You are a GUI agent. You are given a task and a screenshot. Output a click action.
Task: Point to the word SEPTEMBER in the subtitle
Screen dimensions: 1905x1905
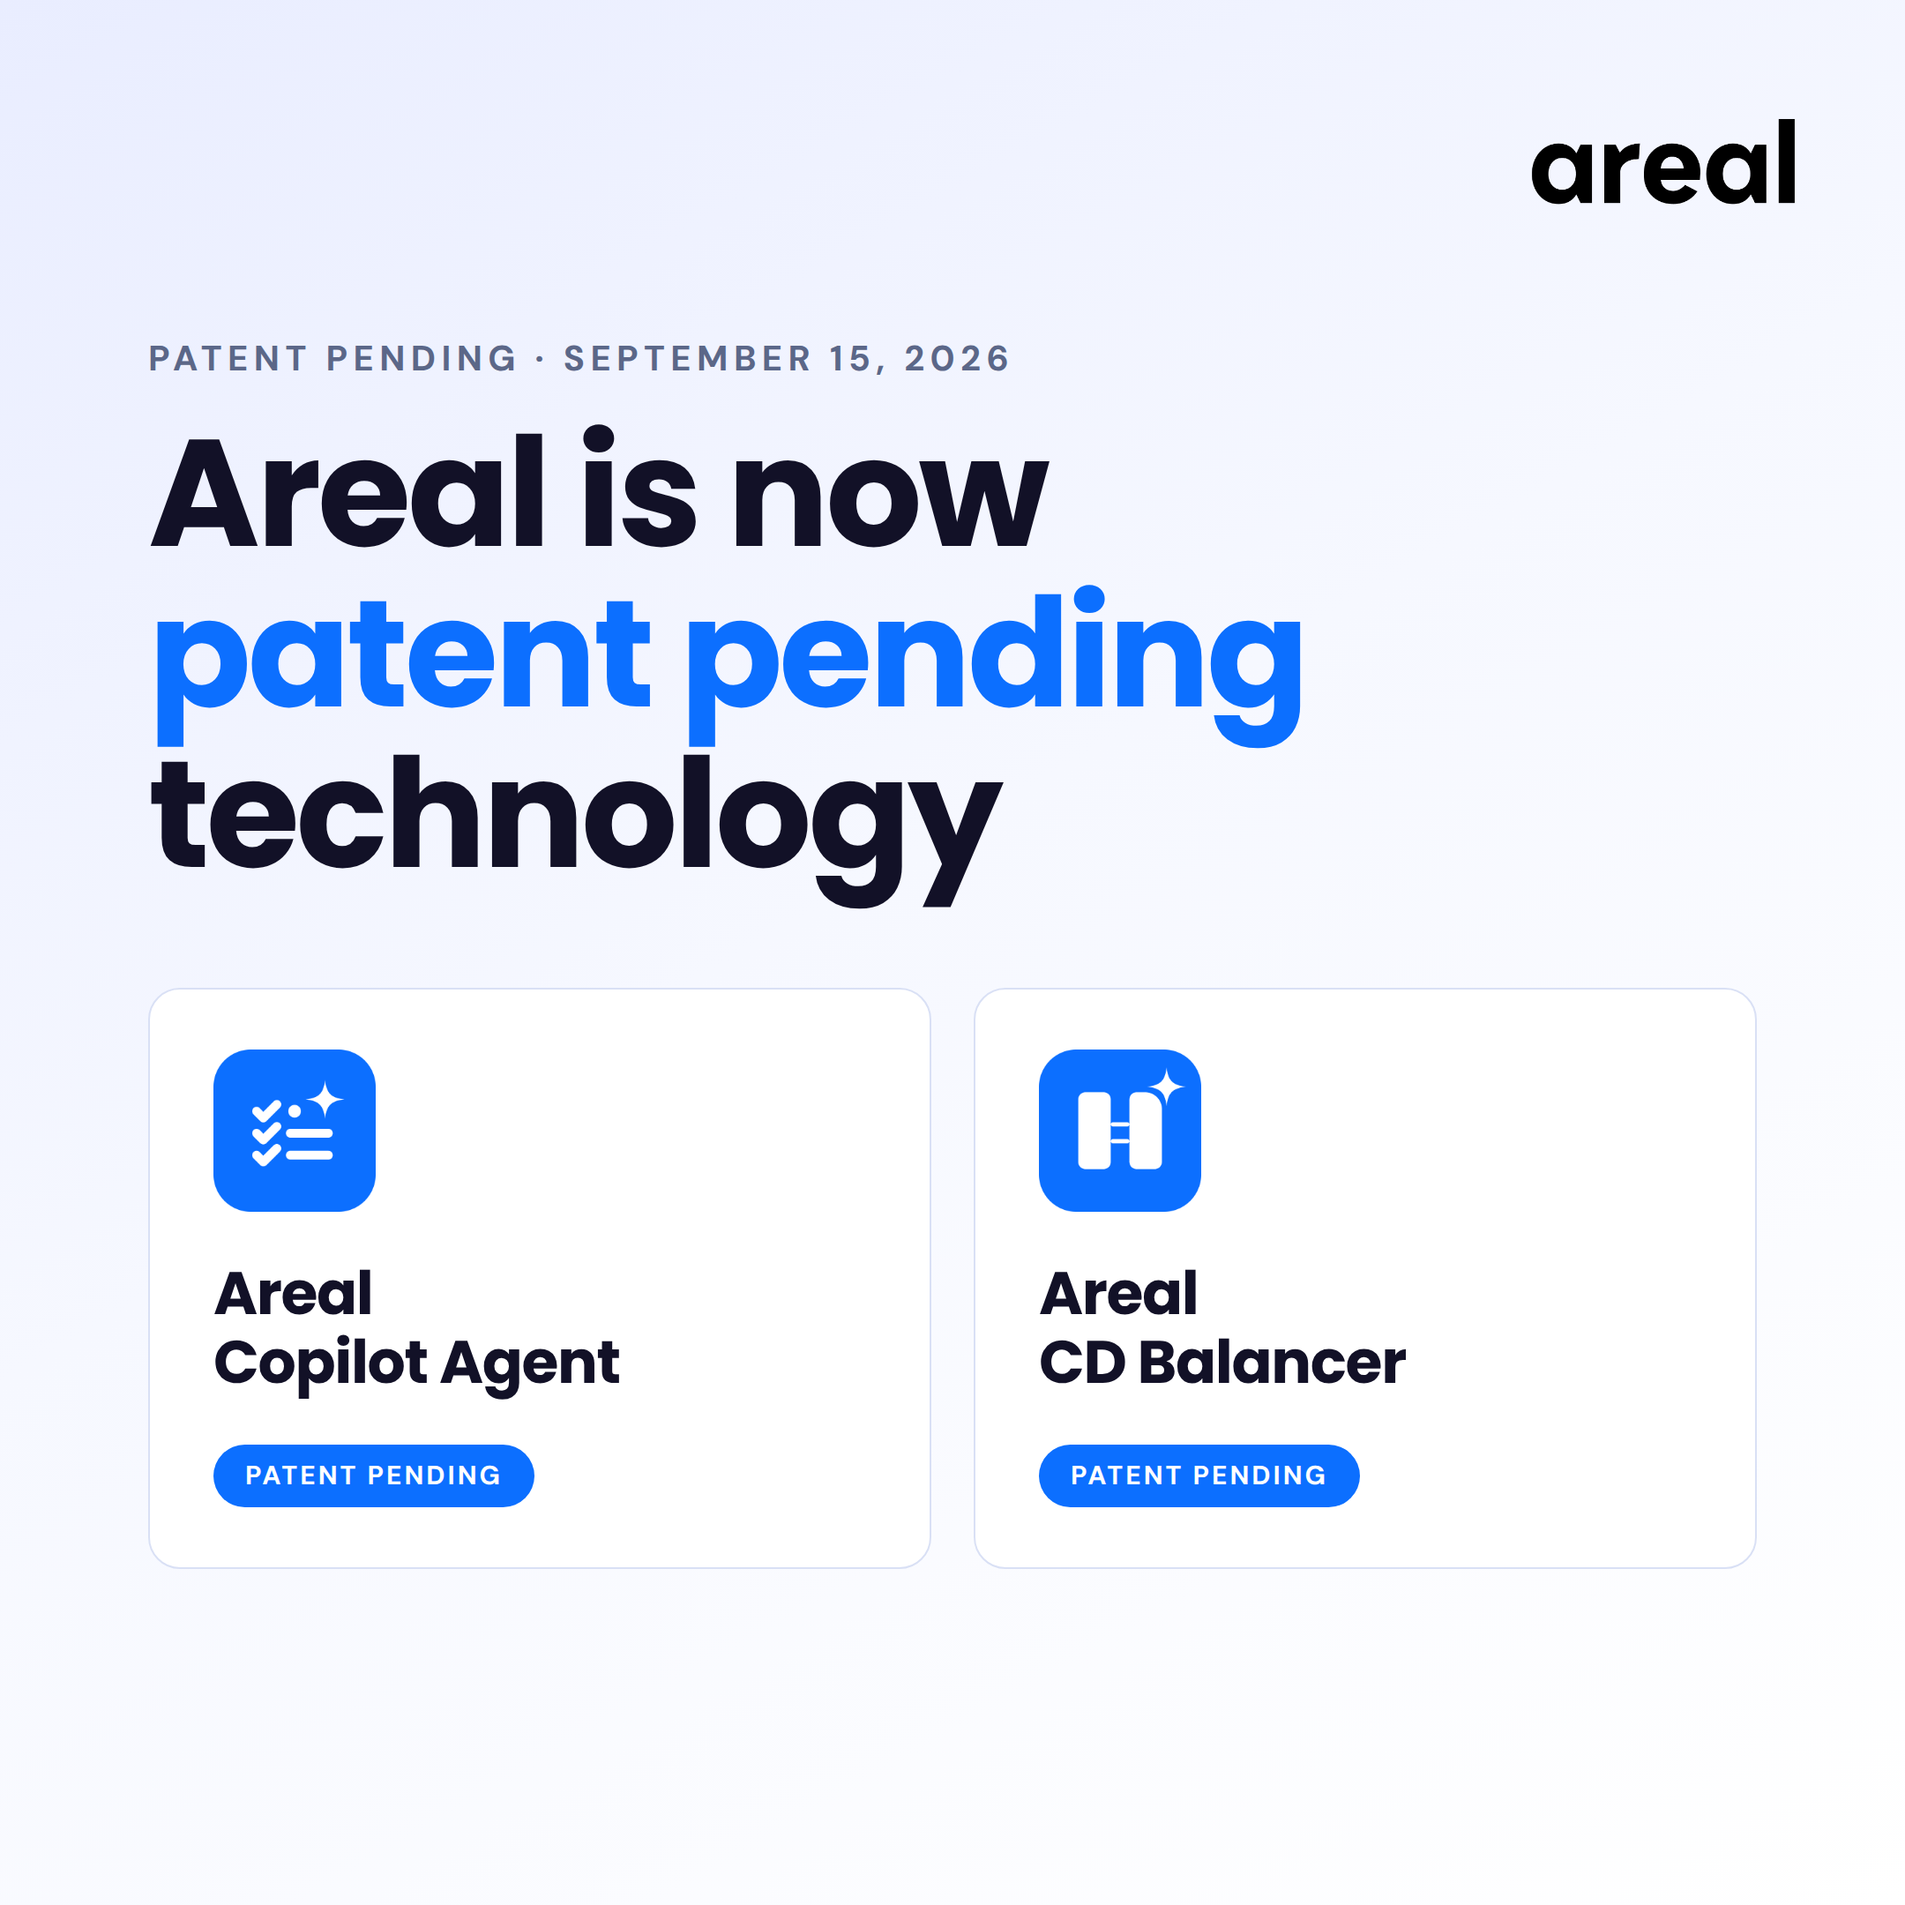click(687, 359)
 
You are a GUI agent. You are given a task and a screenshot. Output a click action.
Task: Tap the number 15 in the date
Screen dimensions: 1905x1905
click(851, 359)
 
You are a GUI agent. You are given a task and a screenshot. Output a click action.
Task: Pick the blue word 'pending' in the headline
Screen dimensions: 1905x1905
click(995, 667)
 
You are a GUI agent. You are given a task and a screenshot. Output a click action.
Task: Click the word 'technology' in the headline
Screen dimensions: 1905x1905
click(577, 829)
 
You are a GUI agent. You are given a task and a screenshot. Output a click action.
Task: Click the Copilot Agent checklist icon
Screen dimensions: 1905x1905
click(294, 1130)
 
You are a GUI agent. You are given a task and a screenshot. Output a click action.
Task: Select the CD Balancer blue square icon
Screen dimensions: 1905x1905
click(1119, 1130)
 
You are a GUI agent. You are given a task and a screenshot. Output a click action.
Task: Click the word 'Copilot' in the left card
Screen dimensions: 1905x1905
click(320, 1363)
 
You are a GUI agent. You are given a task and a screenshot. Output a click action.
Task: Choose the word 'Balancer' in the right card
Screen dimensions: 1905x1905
click(1272, 1362)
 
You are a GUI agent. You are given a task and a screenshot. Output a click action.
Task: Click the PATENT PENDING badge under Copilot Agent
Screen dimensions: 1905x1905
click(374, 1475)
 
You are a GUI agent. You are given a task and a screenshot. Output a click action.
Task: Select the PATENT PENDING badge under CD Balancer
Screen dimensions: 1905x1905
click(1199, 1475)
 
